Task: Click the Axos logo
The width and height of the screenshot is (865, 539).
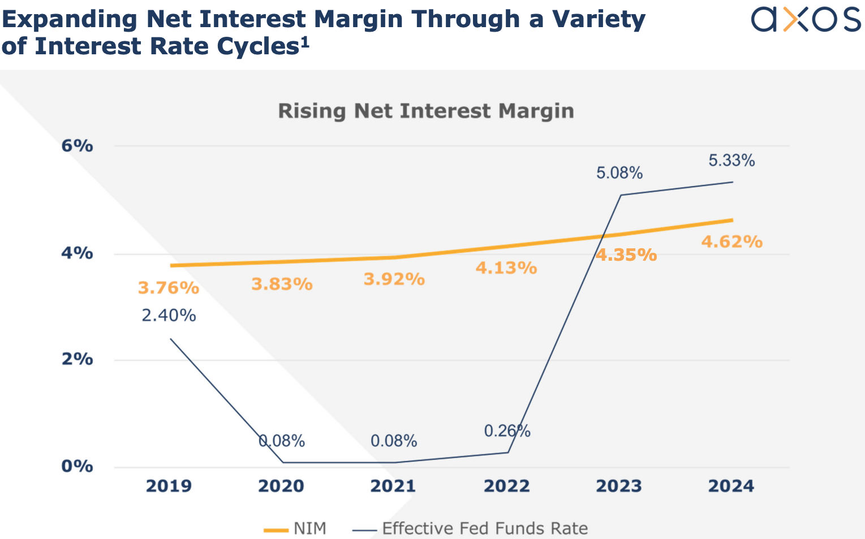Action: (x=805, y=20)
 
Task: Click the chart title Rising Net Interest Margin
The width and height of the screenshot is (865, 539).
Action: (x=425, y=111)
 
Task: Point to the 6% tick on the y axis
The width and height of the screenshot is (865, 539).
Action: (x=77, y=146)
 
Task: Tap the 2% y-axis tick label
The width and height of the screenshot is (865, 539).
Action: (x=77, y=359)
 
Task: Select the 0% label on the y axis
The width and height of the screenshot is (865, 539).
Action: (x=77, y=466)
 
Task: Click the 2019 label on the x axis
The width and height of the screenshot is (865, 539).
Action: (x=169, y=486)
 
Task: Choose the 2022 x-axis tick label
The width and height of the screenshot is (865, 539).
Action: (x=506, y=486)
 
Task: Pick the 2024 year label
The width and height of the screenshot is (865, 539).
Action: (x=731, y=486)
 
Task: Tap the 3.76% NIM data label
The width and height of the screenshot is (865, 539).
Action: (x=169, y=288)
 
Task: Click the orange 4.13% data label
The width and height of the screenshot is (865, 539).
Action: (x=506, y=268)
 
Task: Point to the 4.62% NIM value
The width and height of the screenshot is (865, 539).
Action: (x=731, y=242)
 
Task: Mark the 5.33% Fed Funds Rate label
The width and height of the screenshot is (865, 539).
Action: (x=731, y=161)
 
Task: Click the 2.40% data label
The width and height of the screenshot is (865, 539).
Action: (x=169, y=315)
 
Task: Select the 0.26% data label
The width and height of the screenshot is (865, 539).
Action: (x=507, y=431)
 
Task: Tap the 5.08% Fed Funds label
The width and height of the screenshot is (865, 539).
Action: (x=619, y=173)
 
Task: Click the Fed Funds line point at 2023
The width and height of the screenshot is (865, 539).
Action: (x=621, y=195)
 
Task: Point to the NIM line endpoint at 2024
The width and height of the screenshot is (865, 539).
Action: (x=732, y=220)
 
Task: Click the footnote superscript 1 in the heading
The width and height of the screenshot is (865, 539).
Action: (x=305, y=41)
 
